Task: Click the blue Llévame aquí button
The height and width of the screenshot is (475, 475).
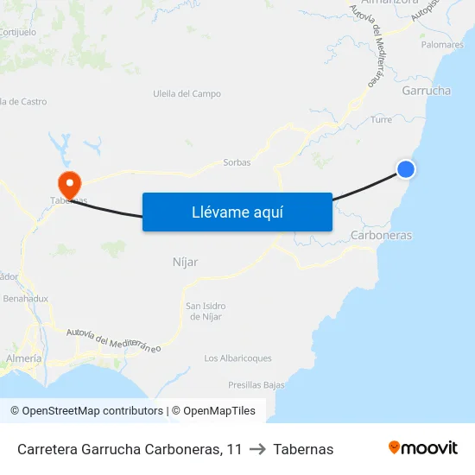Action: point(237,212)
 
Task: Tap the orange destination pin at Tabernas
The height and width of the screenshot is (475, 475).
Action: point(68,183)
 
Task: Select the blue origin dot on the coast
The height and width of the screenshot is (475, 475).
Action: point(405,169)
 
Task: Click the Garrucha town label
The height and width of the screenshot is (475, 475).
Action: point(426,91)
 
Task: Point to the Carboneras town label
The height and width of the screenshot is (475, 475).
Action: point(382,235)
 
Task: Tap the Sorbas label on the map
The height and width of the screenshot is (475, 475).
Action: point(237,162)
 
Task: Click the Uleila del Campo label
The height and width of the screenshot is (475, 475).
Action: point(187,94)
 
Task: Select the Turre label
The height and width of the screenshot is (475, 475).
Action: point(381,120)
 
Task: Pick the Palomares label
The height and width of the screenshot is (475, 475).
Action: point(441,44)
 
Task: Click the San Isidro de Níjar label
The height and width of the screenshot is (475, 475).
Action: point(206,312)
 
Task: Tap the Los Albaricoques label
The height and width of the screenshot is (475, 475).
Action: point(237,358)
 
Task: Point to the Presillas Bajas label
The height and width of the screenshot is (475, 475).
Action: point(256,385)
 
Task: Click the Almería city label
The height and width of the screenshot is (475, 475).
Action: point(23,358)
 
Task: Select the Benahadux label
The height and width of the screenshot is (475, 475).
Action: point(26,298)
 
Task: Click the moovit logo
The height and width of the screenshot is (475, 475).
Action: point(423,448)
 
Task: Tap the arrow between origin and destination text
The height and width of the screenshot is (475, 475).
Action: point(257,449)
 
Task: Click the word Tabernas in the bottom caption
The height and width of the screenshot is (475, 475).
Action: point(303,449)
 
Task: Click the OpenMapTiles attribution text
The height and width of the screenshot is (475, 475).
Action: point(219,411)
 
